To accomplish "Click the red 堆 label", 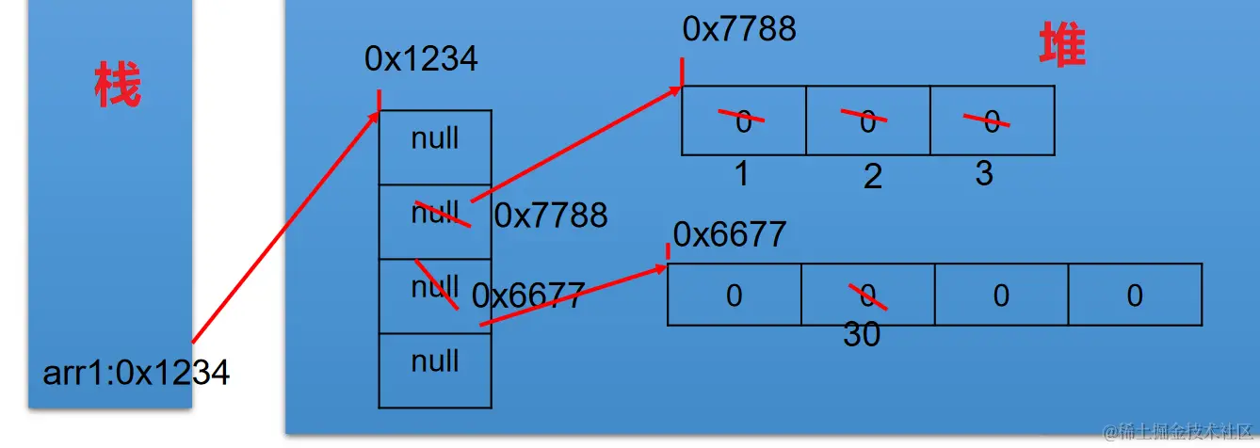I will click(1062, 46).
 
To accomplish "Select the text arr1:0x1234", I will click(136, 374).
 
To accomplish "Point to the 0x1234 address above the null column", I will click(421, 59).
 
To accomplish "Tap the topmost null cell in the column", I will click(435, 139).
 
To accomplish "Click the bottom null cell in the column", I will click(435, 361).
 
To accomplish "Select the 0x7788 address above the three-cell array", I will click(739, 29).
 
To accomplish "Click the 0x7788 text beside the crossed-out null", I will click(551, 216).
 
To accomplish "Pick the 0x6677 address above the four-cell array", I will click(729, 234).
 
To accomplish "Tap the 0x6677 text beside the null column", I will click(528, 296).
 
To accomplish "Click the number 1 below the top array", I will click(742, 173).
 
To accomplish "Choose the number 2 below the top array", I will click(872, 176).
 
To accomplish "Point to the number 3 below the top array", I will click(983, 173).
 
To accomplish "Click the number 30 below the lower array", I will click(862, 335).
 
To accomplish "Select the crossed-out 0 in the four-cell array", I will click(867, 296).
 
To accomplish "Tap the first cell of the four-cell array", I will click(734, 296).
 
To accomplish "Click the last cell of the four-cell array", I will click(1135, 296).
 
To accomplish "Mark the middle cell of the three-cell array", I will click(867, 120).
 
